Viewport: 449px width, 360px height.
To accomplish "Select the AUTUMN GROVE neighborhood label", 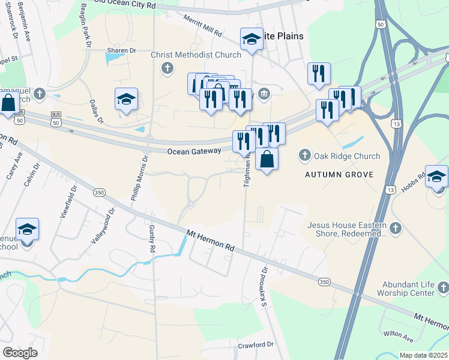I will coord(339,175).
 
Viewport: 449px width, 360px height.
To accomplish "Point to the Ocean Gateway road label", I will coord(194,152).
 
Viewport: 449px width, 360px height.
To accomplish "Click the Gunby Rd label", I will coord(152,240).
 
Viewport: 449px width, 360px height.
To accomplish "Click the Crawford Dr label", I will coord(255,345).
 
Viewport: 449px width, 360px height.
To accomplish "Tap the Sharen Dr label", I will coord(119,50).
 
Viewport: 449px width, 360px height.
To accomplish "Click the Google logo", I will coord(20,353).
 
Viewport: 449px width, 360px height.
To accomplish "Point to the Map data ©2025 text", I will coord(423,355).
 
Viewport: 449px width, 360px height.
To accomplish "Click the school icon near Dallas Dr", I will coord(126,99).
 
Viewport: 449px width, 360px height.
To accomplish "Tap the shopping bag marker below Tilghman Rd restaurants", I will coord(267,159).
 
